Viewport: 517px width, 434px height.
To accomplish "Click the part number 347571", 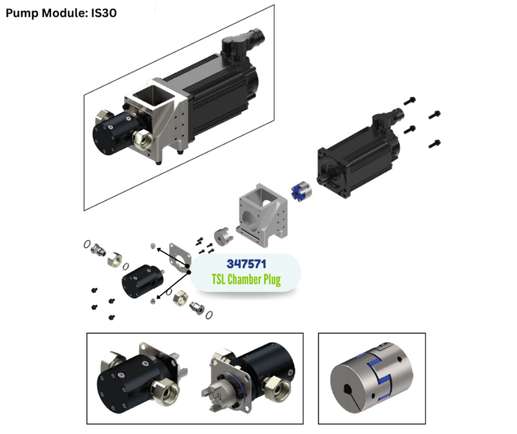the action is pyautogui.click(x=246, y=264).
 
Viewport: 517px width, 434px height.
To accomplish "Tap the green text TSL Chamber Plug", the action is pyautogui.click(x=246, y=279).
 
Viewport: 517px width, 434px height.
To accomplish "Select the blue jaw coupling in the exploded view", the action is pyautogui.click(x=301, y=190).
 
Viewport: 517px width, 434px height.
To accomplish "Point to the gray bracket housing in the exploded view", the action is pyautogui.click(x=262, y=215).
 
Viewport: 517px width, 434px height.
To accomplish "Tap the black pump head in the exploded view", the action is pyautogui.click(x=143, y=281).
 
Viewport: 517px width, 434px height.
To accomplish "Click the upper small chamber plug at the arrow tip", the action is pyautogui.click(x=153, y=246).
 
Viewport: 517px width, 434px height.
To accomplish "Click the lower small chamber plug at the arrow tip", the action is pyautogui.click(x=153, y=301).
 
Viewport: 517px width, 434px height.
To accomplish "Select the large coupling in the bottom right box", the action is pyautogui.click(x=372, y=377).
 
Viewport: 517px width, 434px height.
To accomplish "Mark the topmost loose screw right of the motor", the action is pyautogui.click(x=410, y=101).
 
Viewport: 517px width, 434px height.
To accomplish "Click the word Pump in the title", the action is pyautogui.click(x=22, y=13).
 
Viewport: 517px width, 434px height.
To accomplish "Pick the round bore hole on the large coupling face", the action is pyautogui.click(x=348, y=389).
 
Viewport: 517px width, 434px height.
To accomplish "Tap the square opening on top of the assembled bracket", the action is pyautogui.click(x=153, y=94).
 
